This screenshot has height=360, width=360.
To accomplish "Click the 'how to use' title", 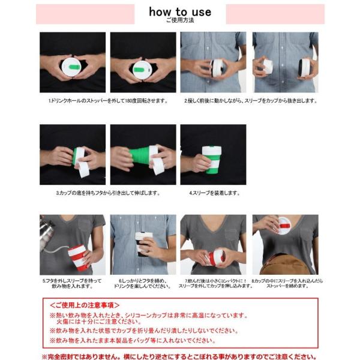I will tap(180, 11).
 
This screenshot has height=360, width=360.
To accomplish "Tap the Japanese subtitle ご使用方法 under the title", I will tap(180, 20).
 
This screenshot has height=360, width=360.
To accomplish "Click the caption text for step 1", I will tap(108, 101).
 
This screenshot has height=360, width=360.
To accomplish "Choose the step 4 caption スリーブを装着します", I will tap(214, 193).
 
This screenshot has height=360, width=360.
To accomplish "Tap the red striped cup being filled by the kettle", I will tap(77, 256).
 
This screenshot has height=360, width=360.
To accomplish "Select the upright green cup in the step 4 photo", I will tap(211, 160).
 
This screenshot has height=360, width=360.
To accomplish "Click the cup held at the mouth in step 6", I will tap(142, 244).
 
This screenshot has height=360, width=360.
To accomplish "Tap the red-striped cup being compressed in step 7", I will tap(216, 257).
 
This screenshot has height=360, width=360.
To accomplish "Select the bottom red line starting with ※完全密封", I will tap(179, 356).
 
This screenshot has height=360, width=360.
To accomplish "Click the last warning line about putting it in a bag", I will tap(138, 340).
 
